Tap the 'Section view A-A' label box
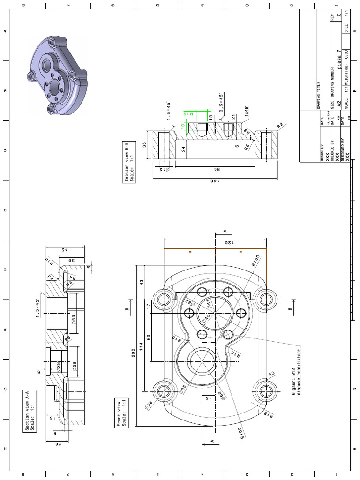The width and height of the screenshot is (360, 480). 30,410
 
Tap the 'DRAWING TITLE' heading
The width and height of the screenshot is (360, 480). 319,94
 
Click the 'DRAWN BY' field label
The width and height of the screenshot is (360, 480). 322,153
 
